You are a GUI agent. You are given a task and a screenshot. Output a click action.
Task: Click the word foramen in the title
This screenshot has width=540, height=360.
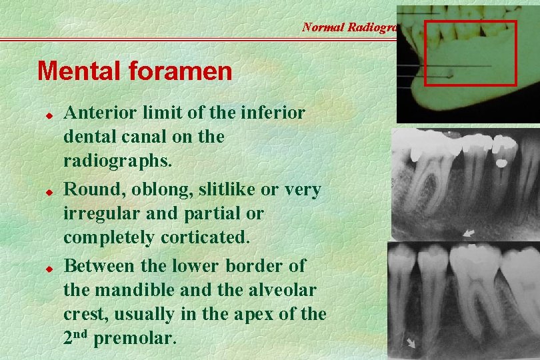pyautogui.click(x=181, y=71)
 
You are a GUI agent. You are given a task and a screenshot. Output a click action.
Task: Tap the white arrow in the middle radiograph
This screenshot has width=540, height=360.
pyautogui.click(x=470, y=233)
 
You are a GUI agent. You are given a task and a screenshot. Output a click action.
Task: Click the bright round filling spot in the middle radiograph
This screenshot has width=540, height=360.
pyautogui.click(x=499, y=161)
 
